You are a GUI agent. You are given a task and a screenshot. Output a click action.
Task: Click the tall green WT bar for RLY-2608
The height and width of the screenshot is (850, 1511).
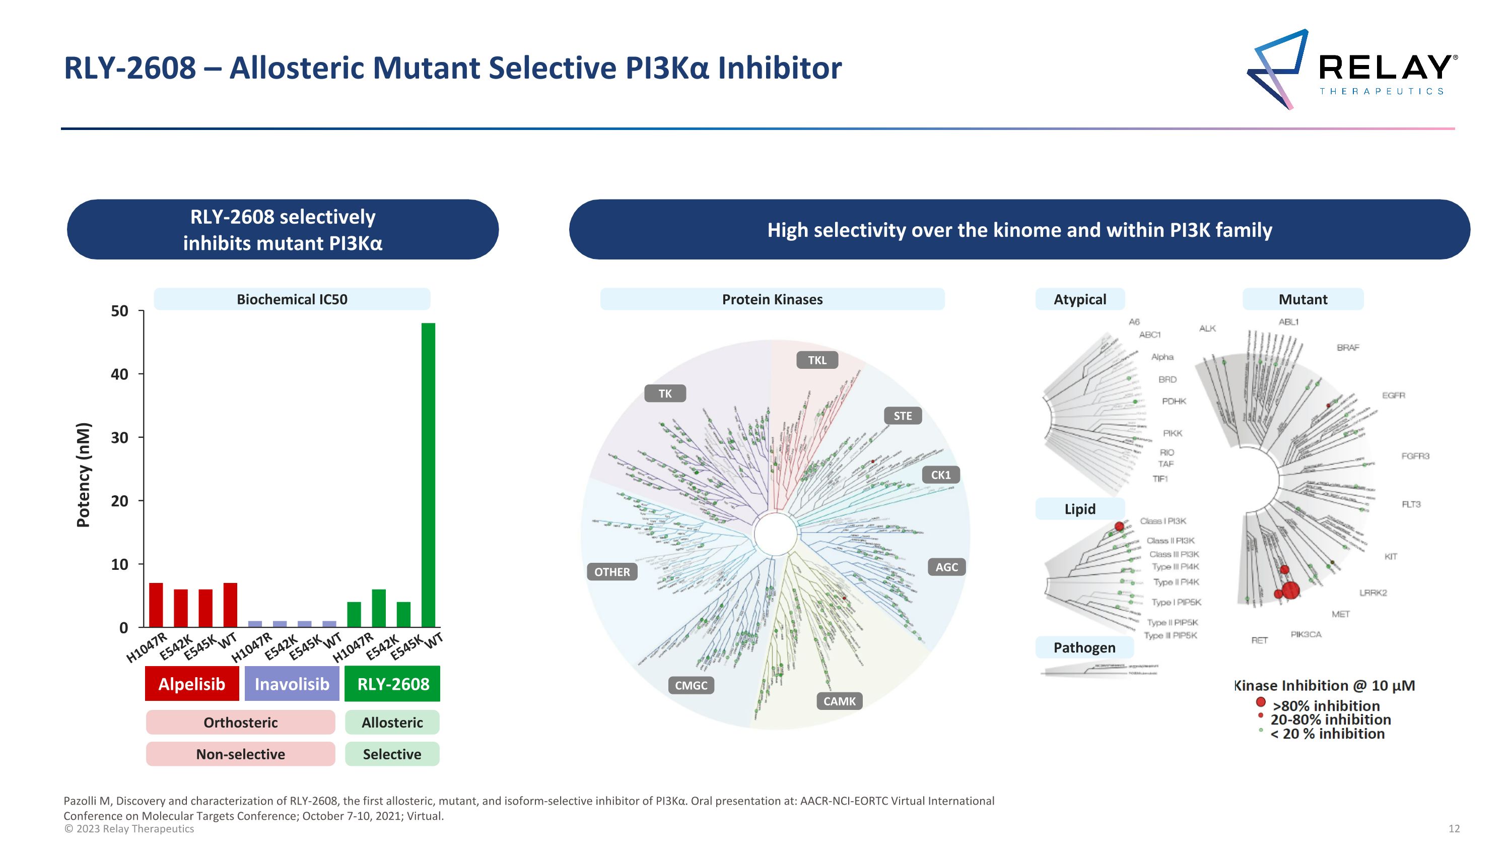pyautogui.click(x=428, y=475)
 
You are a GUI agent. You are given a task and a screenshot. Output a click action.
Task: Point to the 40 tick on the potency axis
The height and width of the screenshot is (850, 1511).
pyautogui.click(x=120, y=374)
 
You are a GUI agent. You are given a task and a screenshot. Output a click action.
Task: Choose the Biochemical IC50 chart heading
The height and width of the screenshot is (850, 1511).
pyautogui.click(x=292, y=299)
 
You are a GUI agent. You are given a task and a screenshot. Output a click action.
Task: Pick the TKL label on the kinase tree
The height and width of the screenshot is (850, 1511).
pyautogui.click(x=816, y=360)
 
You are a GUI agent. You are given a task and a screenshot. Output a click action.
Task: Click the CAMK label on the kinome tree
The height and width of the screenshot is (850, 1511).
pyautogui.click(x=839, y=701)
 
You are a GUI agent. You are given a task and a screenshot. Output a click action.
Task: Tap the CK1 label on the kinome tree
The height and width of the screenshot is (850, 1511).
pyautogui.click(x=940, y=475)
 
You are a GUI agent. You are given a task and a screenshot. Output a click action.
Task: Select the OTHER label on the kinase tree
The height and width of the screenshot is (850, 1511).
pyautogui.click(x=612, y=572)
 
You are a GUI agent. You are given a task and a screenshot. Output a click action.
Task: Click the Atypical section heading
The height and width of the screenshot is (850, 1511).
pyautogui.click(x=1079, y=299)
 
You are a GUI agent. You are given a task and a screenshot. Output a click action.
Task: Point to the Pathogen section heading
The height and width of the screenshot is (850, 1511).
pyautogui.click(x=1084, y=647)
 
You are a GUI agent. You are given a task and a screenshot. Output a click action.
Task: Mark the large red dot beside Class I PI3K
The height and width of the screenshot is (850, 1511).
pyautogui.click(x=1119, y=526)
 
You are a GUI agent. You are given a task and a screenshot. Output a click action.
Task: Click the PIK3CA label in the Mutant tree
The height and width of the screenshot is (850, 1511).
pyautogui.click(x=1306, y=635)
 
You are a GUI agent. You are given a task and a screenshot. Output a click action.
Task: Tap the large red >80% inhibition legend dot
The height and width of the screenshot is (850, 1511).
pyautogui.click(x=1261, y=701)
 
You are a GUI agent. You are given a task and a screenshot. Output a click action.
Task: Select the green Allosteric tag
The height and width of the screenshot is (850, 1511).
pyautogui.click(x=392, y=722)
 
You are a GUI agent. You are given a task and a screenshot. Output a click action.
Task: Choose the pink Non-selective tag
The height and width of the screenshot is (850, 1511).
pyautogui.click(x=240, y=754)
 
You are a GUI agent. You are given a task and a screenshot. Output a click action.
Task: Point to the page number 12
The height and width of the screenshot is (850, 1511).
pyautogui.click(x=1454, y=828)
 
